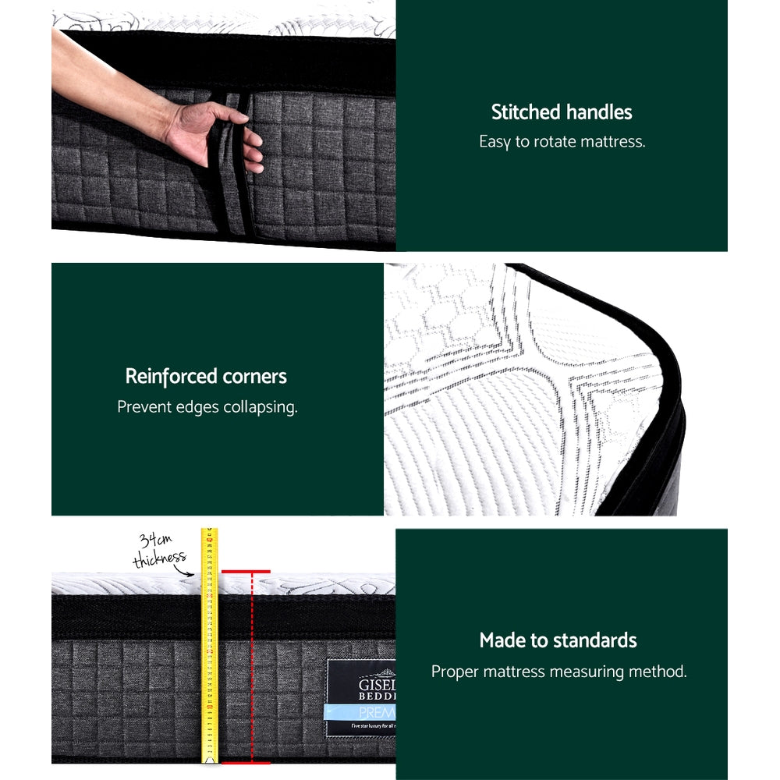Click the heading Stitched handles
(x=562, y=112)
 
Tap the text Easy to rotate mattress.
(x=562, y=142)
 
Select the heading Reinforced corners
(x=207, y=377)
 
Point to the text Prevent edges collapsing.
(x=207, y=407)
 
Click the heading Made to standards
(x=558, y=641)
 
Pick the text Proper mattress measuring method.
(x=559, y=672)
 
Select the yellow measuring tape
(x=209, y=647)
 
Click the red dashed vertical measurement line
(x=252, y=667)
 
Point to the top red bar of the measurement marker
(x=246, y=572)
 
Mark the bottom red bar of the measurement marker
(x=246, y=762)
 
